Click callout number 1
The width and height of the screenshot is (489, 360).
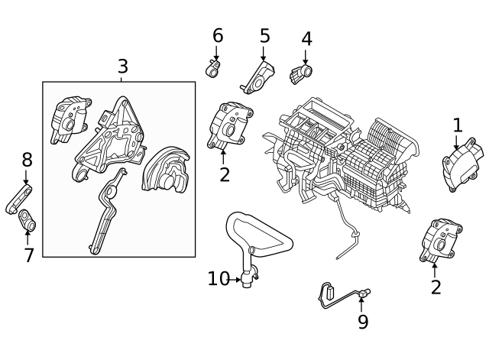coord(458,125)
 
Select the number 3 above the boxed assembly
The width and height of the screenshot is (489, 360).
coord(123,66)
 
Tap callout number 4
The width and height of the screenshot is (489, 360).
coord(306,39)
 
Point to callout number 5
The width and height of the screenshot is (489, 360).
coord(264,36)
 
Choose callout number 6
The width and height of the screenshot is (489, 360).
coord(218,35)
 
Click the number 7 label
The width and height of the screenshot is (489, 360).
coord(29,255)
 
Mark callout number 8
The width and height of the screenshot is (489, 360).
coord(27,161)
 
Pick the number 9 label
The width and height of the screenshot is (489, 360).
coord(363,322)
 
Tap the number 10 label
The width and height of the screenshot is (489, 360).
coord(218,279)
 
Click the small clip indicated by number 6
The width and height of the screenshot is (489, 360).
coord(214,69)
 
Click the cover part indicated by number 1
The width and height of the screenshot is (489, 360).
coord(461,161)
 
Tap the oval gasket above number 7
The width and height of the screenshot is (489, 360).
coord(28,220)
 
